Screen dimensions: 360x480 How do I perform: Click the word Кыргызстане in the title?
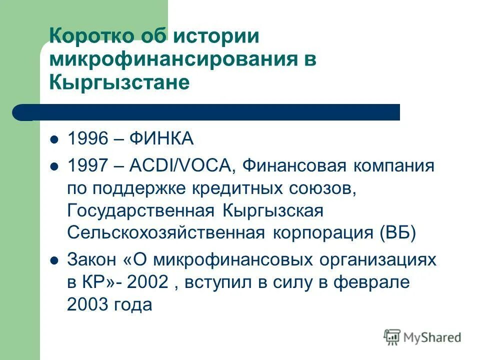(x=119, y=82)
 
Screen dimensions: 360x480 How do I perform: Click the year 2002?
(x=147, y=282)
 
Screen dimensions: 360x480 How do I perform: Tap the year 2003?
(x=88, y=304)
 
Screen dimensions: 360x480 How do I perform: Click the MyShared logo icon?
(x=392, y=337)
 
